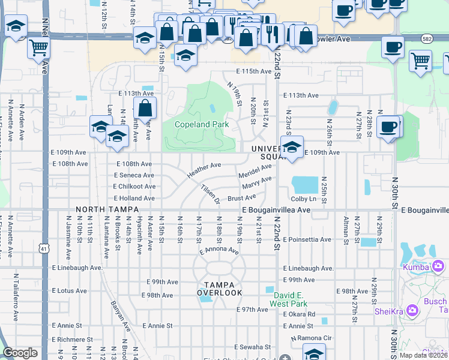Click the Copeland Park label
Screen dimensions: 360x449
point(202,124)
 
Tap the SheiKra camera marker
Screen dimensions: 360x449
point(412,310)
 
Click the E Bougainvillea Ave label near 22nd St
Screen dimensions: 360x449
point(276,211)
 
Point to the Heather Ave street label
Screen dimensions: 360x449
point(204,169)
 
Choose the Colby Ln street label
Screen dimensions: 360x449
point(304,199)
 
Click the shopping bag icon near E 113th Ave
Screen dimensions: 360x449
point(145,109)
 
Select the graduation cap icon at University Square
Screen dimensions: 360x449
point(292,147)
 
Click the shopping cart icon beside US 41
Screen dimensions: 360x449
point(38,47)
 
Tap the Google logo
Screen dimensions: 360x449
point(20,353)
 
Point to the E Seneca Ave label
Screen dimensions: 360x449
point(134,175)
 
